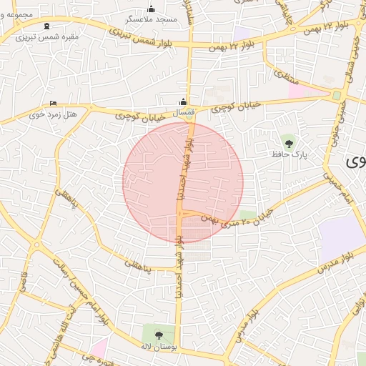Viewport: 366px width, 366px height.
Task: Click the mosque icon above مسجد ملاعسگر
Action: click(x=151, y=9)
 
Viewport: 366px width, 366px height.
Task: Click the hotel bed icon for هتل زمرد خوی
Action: click(x=52, y=104)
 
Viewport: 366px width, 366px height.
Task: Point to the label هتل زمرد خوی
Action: click(x=46, y=114)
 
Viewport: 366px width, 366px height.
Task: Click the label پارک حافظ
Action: click(x=289, y=154)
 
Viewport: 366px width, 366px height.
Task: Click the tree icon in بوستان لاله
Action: click(x=158, y=334)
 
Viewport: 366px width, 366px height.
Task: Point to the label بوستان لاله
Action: click(x=158, y=345)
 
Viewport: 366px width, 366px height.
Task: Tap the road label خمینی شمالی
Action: click(x=352, y=57)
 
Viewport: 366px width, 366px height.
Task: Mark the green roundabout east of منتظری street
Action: click(x=336, y=95)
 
